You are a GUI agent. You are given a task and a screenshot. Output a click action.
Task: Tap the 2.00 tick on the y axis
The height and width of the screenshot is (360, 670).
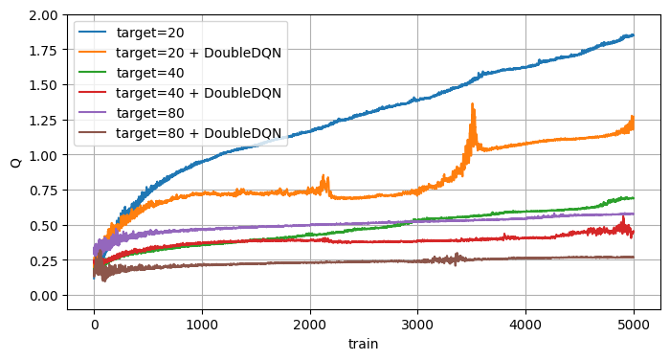point(43,15)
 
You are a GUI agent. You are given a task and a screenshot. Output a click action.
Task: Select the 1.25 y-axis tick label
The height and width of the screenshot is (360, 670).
point(43,121)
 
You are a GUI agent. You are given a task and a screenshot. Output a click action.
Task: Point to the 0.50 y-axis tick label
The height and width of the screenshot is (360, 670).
point(43,226)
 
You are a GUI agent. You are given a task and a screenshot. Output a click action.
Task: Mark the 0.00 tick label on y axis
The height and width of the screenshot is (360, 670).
point(43,296)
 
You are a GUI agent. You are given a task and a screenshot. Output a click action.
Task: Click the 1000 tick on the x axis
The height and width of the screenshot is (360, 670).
point(201,324)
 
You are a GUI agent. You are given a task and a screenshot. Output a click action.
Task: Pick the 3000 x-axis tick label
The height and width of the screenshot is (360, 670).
point(417,324)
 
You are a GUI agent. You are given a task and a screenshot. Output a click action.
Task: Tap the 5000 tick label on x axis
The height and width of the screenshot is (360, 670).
point(634,324)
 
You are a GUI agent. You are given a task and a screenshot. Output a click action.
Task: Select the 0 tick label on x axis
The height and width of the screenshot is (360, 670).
point(94,324)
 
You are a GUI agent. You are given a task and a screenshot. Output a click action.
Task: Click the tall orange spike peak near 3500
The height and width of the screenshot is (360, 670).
point(473,104)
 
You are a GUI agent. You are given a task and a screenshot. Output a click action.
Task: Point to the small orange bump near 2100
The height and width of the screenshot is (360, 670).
point(324,177)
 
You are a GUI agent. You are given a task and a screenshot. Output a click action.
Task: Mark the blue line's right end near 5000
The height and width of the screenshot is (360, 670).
point(633,35)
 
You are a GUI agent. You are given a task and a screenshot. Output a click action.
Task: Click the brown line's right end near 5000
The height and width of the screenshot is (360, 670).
point(633,257)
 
